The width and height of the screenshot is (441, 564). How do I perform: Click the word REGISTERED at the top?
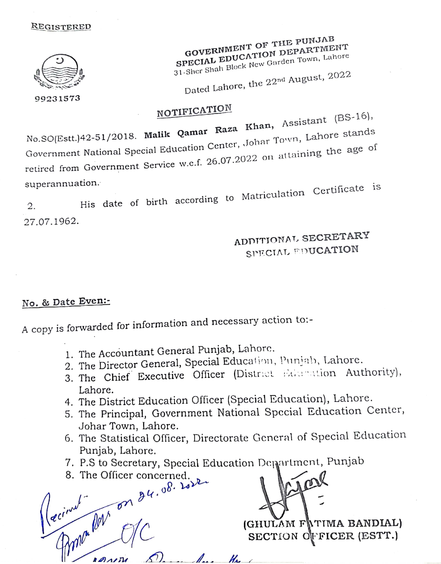coord(61,27)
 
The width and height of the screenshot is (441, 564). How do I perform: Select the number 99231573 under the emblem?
coord(58,98)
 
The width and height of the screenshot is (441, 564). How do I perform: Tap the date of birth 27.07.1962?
coord(51,222)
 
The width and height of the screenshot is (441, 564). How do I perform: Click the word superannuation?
coord(62,184)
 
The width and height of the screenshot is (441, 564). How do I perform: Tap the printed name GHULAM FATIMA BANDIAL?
coord(323,524)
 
